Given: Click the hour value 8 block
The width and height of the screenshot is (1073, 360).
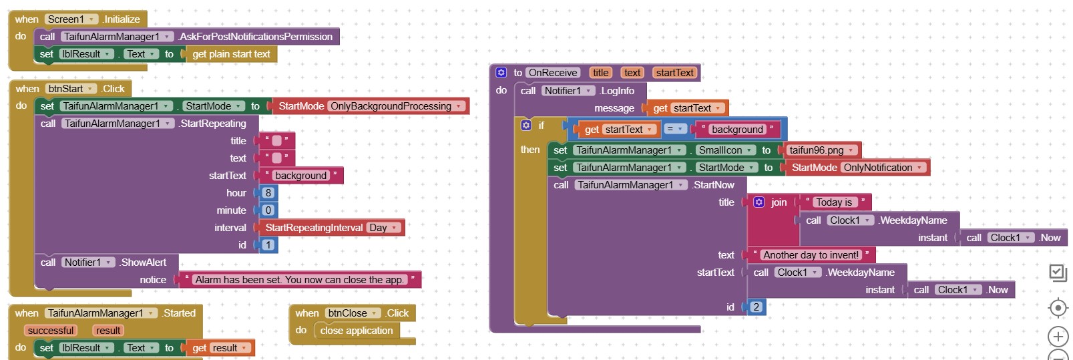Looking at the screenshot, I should point(268,193).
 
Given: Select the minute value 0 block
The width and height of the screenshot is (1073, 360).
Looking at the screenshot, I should point(268,210).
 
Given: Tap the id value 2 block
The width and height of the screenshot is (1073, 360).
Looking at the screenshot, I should point(756,307).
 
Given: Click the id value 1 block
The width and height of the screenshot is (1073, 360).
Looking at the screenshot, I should point(268,245).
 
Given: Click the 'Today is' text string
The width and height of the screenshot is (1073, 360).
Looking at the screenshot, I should point(834,202).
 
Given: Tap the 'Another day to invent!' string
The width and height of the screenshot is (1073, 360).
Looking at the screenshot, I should point(811,255).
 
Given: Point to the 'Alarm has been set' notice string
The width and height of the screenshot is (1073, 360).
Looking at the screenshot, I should point(299,280).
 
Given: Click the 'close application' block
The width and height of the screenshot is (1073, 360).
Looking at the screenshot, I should point(356,331).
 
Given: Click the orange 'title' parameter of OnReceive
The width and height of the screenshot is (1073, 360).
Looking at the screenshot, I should point(600,73).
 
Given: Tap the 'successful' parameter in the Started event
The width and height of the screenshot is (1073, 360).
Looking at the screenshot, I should point(51,331).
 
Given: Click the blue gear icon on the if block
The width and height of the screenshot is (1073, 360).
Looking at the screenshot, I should point(526,126).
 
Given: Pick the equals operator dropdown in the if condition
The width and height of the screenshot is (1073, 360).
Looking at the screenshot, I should point(674,130).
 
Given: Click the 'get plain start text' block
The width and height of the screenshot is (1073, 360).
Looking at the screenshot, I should point(231,54).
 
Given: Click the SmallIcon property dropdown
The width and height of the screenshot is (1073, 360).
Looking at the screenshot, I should point(725,150).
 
